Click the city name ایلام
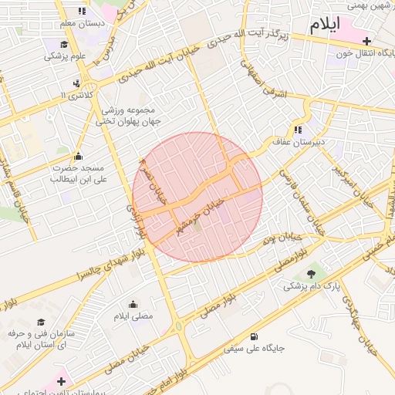(326, 25)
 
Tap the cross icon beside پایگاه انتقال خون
(366, 41)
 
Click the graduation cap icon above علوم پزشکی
(66, 44)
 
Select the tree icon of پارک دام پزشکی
(312, 274)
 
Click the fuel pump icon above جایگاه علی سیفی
(255, 336)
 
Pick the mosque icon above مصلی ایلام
(133, 304)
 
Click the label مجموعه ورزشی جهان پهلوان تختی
(130, 116)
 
